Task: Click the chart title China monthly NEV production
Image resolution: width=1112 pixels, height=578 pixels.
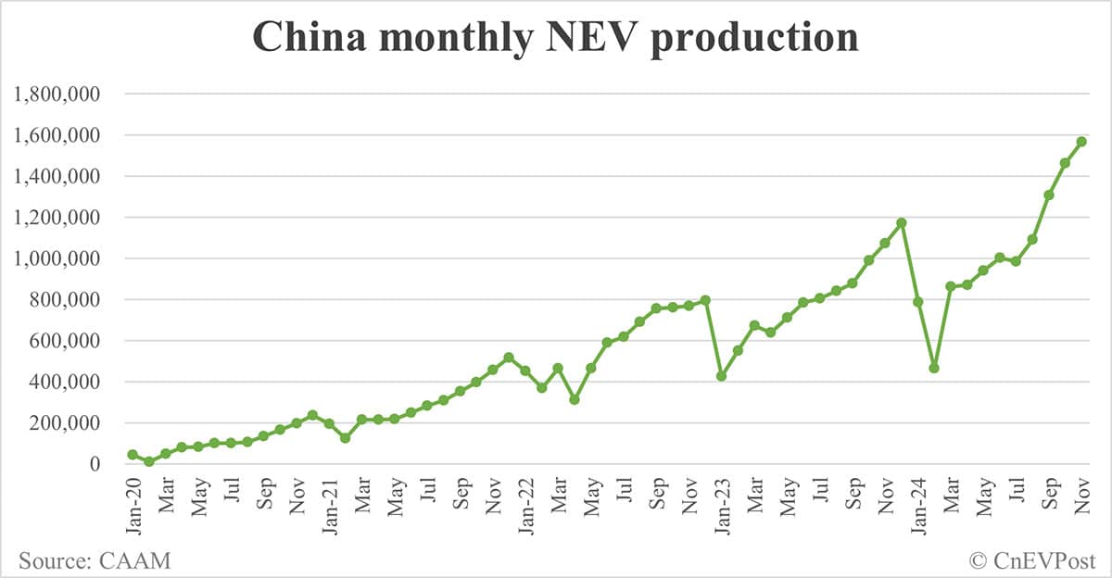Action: click(x=555, y=38)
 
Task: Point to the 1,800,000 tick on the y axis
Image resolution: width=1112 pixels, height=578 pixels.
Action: click(x=55, y=94)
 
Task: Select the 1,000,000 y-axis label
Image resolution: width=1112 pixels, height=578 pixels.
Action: click(x=55, y=258)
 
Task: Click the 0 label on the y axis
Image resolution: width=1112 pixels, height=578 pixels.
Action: click(x=95, y=464)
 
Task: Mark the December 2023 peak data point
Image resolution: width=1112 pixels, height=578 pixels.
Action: click(x=902, y=222)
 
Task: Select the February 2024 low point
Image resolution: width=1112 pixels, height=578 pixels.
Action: click(x=934, y=368)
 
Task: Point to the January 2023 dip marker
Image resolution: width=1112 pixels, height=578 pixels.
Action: click(x=721, y=376)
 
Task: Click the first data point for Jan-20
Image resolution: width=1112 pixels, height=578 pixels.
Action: click(x=133, y=455)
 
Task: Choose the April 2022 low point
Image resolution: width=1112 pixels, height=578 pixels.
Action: click(x=575, y=399)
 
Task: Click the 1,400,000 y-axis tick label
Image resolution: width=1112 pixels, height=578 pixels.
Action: click(x=55, y=176)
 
